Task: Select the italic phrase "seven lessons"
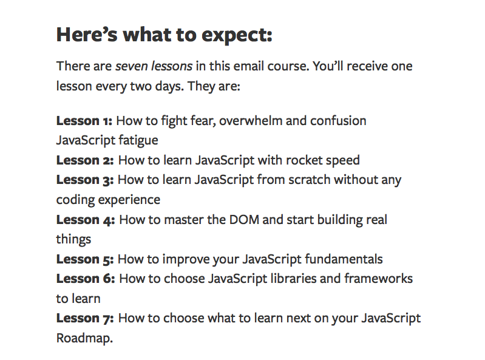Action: [x=154, y=66]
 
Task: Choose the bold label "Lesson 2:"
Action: [x=85, y=160]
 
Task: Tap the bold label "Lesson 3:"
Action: [x=85, y=180]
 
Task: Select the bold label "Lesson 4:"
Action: [x=86, y=220]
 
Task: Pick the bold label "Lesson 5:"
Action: [x=85, y=259]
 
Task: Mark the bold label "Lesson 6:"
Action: [x=86, y=279]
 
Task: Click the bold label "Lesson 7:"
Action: [x=86, y=318]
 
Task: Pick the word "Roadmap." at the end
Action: [x=84, y=338]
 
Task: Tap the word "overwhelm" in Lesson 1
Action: [x=251, y=121]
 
